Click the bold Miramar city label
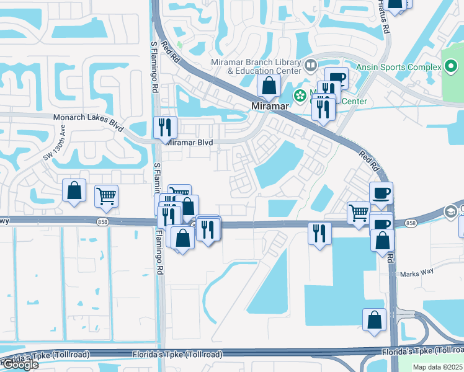click(x=271, y=106)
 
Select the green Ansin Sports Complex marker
click(x=450, y=67)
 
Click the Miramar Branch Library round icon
click(x=311, y=64)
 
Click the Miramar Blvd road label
click(x=190, y=143)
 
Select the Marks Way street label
click(x=417, y=273)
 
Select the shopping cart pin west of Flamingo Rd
click(x=107, y=197)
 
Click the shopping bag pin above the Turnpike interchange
click(x=375, y=320)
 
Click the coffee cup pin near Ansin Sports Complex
click(x=336, y=78)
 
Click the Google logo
click(x=20, y=365)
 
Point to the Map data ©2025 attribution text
click(x=437, y=367)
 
